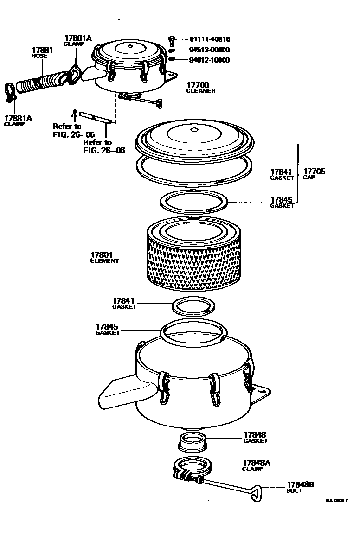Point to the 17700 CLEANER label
(x=200, y=88)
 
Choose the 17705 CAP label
(x=315, y=174)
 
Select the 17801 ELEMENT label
(x=104, y=257)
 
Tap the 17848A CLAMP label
(x=256, y=465)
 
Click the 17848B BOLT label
(x=300, y=487)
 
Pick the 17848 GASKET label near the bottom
(x=255, y=438)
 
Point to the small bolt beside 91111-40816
(x=172, y=40)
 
